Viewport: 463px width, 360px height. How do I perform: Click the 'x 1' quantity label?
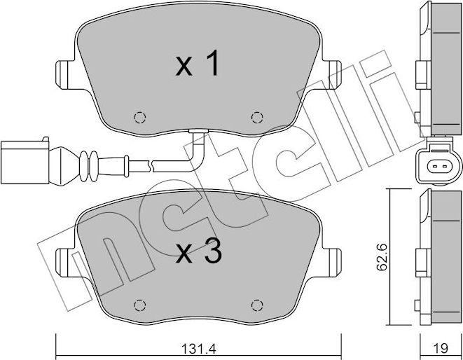(x=198, y=66)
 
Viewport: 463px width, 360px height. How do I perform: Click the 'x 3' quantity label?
(x=198, y=254)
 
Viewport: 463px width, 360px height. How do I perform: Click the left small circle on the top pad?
(x=139, y=116)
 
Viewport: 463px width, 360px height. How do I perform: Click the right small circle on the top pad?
(x=256, y=116)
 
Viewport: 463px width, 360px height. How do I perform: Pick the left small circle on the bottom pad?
(x=139, y=305)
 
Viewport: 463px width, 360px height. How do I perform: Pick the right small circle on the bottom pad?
(x=256, y=305)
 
